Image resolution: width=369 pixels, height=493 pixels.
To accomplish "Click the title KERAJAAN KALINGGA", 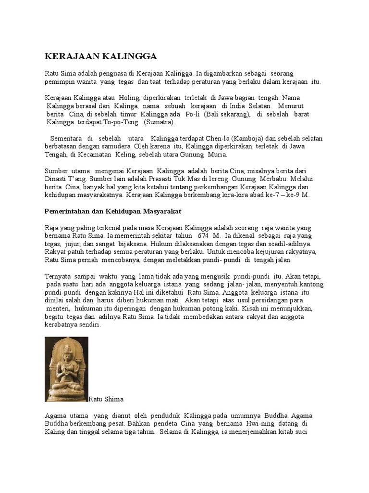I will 101,56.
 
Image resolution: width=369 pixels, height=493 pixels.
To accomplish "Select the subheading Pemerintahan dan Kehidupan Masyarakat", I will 112,211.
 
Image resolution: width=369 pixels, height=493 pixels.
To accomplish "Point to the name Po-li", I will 192,114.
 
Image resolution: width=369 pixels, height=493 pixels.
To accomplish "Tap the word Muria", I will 217,155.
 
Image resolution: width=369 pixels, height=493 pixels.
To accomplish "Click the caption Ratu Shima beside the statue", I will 106,399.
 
